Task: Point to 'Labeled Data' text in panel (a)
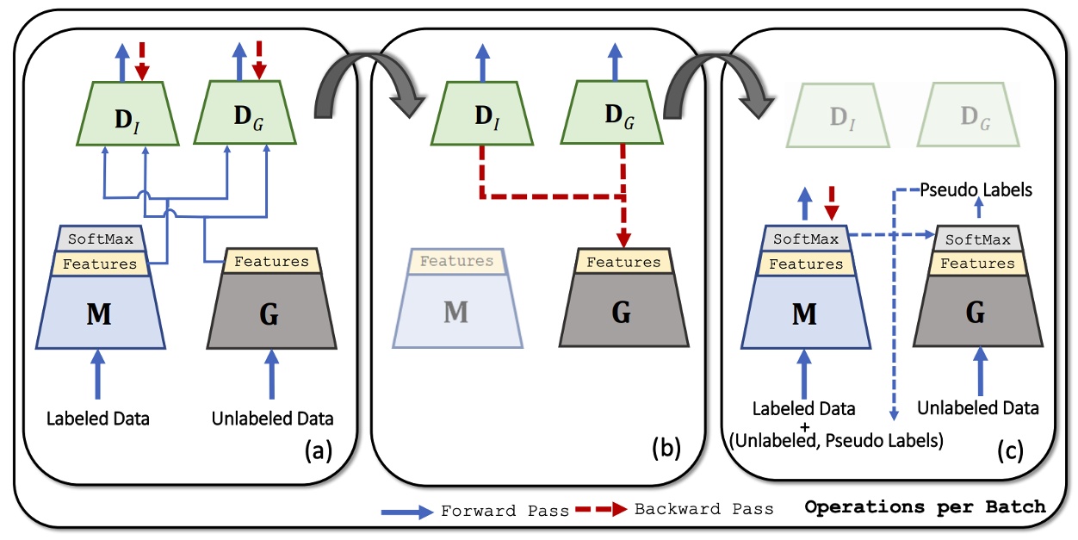pos(99,419)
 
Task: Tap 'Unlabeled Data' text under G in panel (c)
pos(978,408)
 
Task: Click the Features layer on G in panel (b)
pos(623,262)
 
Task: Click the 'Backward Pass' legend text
pos(703,509)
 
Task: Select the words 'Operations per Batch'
pos(925,507)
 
